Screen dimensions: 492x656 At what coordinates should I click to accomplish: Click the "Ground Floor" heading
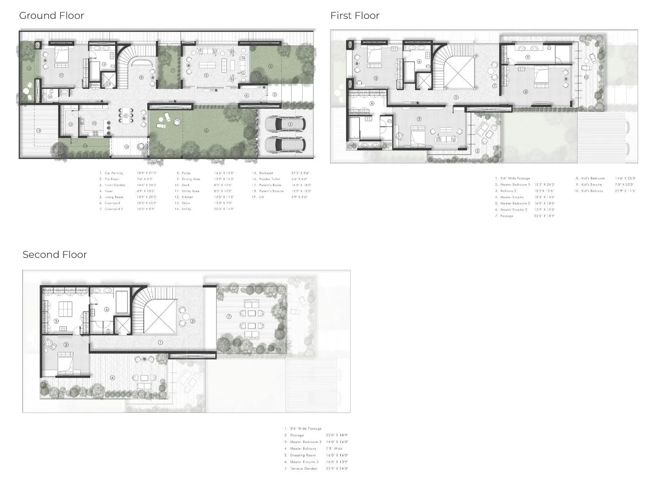pos(51,16)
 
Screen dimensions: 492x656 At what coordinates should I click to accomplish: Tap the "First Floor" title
pos(355,16)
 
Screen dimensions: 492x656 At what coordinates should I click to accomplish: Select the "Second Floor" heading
pos(55,255)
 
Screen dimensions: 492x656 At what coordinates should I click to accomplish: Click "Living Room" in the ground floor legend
pos(114,197)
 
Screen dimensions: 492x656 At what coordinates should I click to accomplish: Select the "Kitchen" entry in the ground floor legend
pos(187,197)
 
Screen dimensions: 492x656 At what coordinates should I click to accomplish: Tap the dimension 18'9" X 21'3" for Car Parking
pos(147,173)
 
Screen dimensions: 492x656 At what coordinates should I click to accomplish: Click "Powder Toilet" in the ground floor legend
pos(269,179)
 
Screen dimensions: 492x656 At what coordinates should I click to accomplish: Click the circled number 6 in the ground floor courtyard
pos(206,130)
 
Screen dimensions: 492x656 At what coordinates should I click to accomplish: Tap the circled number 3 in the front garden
pos(270,66)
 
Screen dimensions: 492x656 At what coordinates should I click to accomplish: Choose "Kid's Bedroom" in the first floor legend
pos(593,178)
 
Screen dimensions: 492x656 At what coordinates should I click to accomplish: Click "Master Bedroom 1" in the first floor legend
pos(515,184)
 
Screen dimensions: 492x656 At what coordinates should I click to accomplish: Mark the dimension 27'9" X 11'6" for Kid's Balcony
pos(625,191)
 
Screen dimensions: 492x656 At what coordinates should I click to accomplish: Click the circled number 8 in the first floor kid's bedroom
pos(526,92)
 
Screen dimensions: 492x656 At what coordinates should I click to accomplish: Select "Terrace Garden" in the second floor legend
pos(303,469)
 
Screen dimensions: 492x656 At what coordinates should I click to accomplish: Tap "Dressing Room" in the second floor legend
pos(303,455)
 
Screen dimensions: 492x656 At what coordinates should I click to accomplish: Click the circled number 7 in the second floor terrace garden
pos(229,316)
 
